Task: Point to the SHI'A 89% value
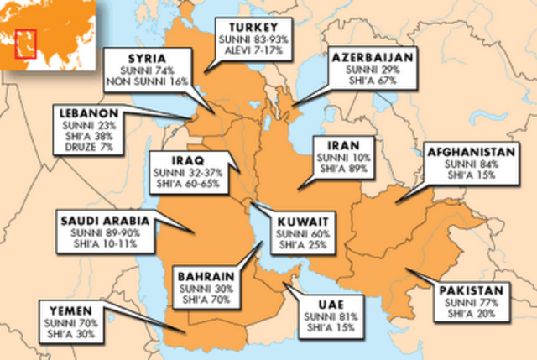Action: tap(343, 169)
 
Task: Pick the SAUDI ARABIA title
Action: tap(104, 220)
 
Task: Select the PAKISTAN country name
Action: tap(473, 290)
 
